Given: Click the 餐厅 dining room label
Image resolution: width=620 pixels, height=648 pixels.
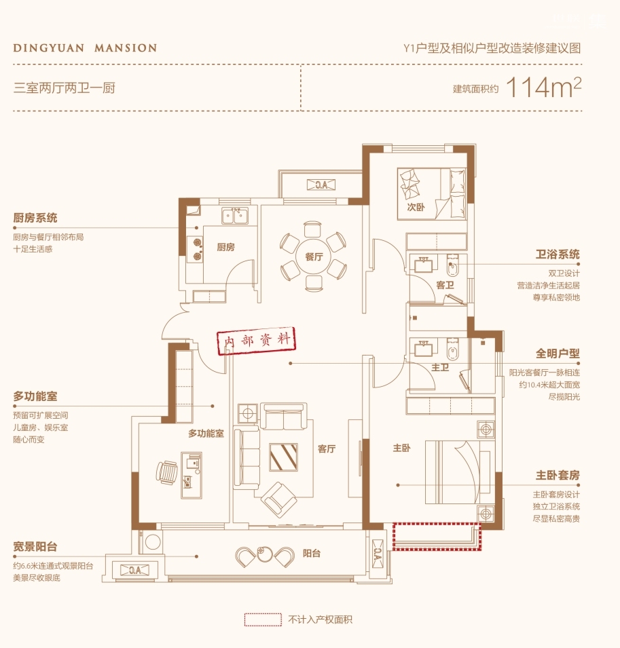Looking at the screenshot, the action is [314, 256].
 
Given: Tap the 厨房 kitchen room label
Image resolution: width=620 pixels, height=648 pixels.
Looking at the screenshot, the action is [226, 247].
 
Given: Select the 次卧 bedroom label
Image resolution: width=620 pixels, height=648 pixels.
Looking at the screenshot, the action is [416, 207].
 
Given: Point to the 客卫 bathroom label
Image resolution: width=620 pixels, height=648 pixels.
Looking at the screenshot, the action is [445, 285].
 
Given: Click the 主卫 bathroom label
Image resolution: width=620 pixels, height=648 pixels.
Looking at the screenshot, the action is [440, 367].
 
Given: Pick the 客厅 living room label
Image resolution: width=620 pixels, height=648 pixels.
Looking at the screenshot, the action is [327, 449].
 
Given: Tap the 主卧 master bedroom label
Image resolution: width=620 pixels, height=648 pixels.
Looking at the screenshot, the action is [401, 448].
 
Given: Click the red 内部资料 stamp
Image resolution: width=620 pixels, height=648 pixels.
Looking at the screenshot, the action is [257, 341].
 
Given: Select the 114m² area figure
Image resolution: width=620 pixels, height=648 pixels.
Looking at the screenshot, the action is [543, 87].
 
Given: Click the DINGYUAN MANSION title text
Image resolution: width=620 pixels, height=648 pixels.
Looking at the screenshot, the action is [85, 48].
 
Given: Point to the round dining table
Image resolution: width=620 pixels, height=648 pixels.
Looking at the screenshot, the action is [314, 256].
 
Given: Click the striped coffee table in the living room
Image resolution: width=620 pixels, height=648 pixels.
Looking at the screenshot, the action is [284, 457].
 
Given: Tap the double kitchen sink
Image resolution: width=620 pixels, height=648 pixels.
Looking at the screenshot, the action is [234, 216].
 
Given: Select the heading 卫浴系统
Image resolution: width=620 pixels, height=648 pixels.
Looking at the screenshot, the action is [558, 254].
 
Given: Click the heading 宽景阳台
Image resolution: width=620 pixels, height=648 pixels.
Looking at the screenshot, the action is [35, 546].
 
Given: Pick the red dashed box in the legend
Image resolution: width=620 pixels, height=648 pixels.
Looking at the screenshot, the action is [263, 620].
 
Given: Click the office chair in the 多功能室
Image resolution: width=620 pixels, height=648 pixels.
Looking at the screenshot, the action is [167, 473].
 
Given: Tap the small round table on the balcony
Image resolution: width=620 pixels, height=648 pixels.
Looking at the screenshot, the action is [263, 554].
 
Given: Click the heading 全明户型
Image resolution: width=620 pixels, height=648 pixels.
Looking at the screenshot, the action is [558, 354].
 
